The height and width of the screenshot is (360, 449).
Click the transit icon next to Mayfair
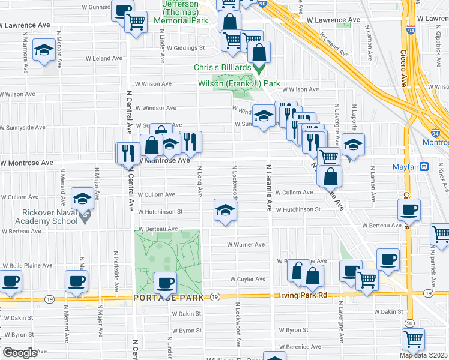[x=424, y=166]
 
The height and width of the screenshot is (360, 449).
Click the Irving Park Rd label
[x=294, y=295]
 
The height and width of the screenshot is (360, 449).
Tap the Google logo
[x=20, y=353]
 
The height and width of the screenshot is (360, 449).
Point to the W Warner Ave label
[x=246, y=245]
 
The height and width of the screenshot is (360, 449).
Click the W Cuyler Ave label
[x=248, y=279]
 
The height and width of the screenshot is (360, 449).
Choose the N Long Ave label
[x=199, y=182]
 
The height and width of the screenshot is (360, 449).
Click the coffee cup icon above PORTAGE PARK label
[x=165, y=282]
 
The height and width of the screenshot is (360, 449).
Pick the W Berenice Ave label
[x=307, y=347]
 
